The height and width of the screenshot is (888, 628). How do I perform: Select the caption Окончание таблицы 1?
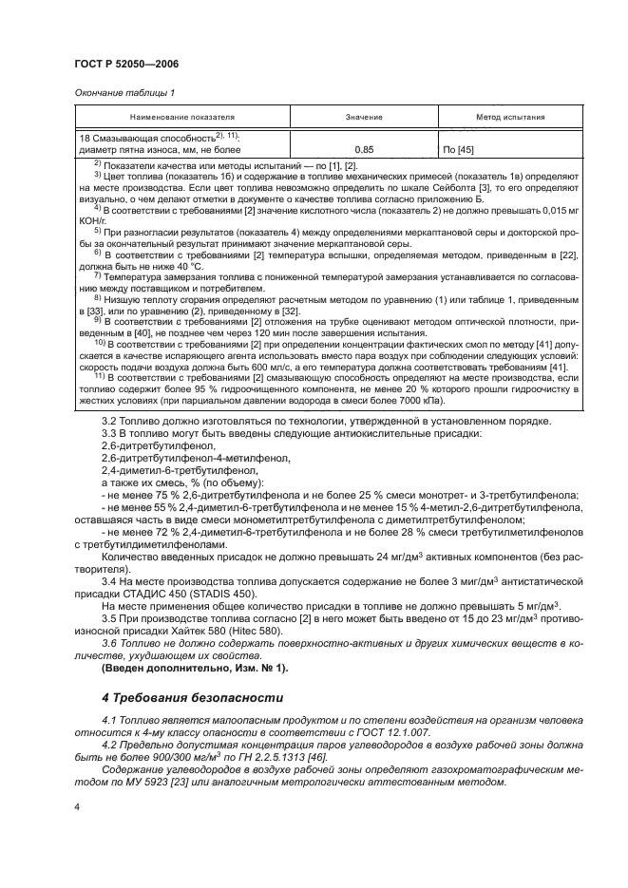[124, 92]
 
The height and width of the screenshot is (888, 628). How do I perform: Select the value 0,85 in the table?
[363, 150]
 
